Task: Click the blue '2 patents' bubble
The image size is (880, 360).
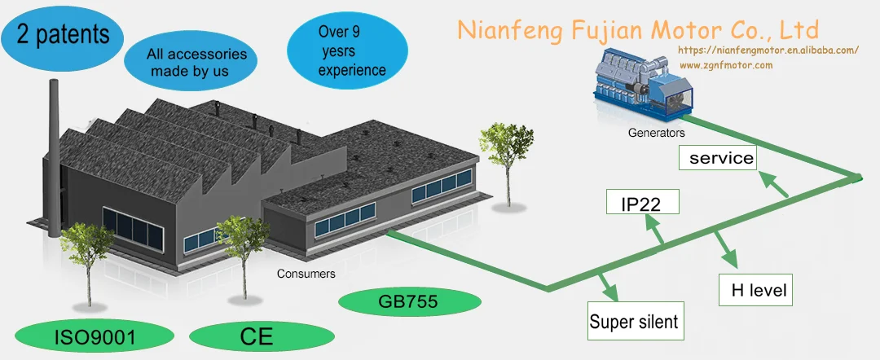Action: (62, 34)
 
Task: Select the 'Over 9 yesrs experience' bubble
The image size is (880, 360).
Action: (351, 53)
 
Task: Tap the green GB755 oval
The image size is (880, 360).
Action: (408, 303)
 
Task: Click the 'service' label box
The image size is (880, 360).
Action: (721, 158)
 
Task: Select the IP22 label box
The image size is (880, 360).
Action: (643, 203)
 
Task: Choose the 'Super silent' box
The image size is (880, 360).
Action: (633, 321)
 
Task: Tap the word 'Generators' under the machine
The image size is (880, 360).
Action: (656, 132)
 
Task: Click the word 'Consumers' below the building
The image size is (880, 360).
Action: (306, 274)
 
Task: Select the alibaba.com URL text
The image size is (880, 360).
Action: (768, 50)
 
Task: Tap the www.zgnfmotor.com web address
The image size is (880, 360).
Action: (725, 65)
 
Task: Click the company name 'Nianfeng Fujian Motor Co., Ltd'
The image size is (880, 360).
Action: (637, 30)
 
